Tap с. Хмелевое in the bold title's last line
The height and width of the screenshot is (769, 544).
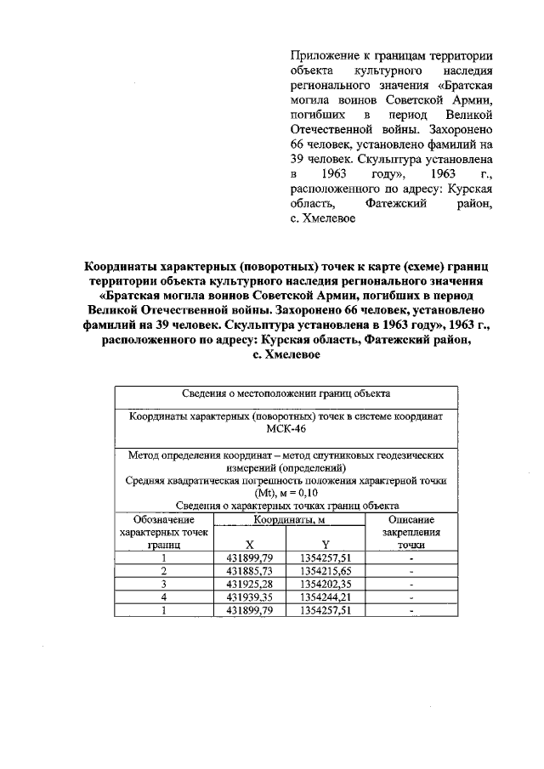click(x=286, y=354)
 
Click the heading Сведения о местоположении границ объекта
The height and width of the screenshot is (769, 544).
click(x=286, y=394)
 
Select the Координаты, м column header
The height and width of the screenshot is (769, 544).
click(x=286, y=519)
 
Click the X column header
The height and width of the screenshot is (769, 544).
click(x=249, y=546)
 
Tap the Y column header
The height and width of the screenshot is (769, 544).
click(x=326, y=546)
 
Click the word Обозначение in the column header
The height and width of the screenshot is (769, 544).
click(x=164, y=519)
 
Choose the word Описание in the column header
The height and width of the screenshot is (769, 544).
click(x=411, y=519)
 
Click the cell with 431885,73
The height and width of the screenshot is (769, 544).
click(x=249, y=572)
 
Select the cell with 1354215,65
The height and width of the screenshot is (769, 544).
click(x=326, y=572)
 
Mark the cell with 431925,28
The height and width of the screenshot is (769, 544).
click(x=249, y=585)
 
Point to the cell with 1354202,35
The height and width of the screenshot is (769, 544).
click(x=326, y=585)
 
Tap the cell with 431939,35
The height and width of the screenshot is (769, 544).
click(x=249, y=597)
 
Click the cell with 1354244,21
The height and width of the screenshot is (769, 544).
click(x=326, y=597)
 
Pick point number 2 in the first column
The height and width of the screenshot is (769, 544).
click(x=164, y=572)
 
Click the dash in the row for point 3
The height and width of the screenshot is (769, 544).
click(x=411, y=585)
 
